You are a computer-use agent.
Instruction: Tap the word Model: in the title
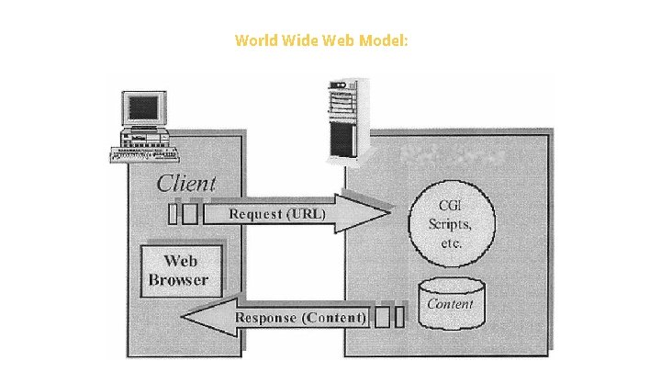(x=383, y=40)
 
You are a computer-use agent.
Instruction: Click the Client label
(x=186, y=183)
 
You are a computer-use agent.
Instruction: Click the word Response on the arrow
(x=269, y=318)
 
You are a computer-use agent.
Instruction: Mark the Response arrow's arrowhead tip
(x=183, y=318)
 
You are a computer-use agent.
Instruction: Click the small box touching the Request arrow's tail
(x=191, y=214)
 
